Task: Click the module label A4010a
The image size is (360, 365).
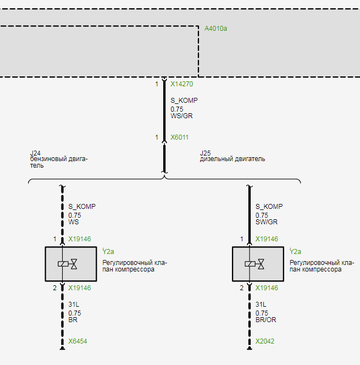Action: [x=215, y=28]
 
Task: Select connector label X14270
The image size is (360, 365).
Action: [x=181, y=85]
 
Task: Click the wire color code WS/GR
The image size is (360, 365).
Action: [x=181, y=117]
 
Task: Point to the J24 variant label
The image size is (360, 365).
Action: [x=35, y=153]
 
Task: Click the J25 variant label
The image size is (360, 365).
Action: [x=205, y=153]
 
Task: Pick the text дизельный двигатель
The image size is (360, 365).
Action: [x=232, y=159]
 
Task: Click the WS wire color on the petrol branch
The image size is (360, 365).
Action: [x=73, y=223]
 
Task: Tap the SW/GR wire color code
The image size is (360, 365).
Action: [x=267, y=223]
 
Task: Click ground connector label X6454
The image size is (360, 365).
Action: [x=77, y=341]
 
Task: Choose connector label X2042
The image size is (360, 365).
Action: [x=265, y=341]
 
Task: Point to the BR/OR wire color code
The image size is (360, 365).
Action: [x=267, y=320]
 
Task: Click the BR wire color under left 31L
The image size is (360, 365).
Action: [x=73, y=320]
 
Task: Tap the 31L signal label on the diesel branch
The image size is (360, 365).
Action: [x=261, y=305]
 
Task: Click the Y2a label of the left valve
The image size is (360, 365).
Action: [x=108, y=251]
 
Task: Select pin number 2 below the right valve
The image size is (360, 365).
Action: [x=242, y=288]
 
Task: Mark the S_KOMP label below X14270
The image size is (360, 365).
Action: [x=184, y=101]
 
